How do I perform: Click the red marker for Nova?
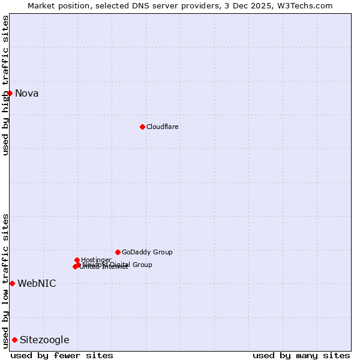pyautogui.click(x=10, y=93)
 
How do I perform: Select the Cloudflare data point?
pyautogui.click(x=142, y=127)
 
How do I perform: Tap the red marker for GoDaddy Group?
pyautogui.click(x=118, y=252)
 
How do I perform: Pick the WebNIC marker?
pyautogui.click(x=12, y=283)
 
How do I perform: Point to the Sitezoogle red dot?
pyautogui.click(x=14, y=340)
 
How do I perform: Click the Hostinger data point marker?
pyautogui.click(x=77, y=260)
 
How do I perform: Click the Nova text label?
pyautogui.click(x=27, y=93)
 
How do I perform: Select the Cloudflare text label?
pyautogui.click(x=163, y=127)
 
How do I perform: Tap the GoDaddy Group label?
pyautogui.click(x=147, y=252)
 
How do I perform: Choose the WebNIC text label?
pyautogui.click(x=37, y=283)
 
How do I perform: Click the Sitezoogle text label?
pyautogui.click(x=44, y=340)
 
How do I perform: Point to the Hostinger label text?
pyautogui.click(x=96, y=260)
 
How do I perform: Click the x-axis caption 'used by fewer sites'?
pyautogui.click(x=62, y=355)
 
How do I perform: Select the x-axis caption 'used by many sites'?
pyautogui.click(x=301, y=355)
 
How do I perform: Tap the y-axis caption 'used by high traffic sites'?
pyautogui.click(x=5, y=85)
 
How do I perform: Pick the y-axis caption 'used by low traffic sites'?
pyautogui.click(x=5, y=280)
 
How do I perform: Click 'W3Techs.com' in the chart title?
pyautogui.click(x=308, y=5)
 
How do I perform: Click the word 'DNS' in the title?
pyautogui.click(x=143, y=5)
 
